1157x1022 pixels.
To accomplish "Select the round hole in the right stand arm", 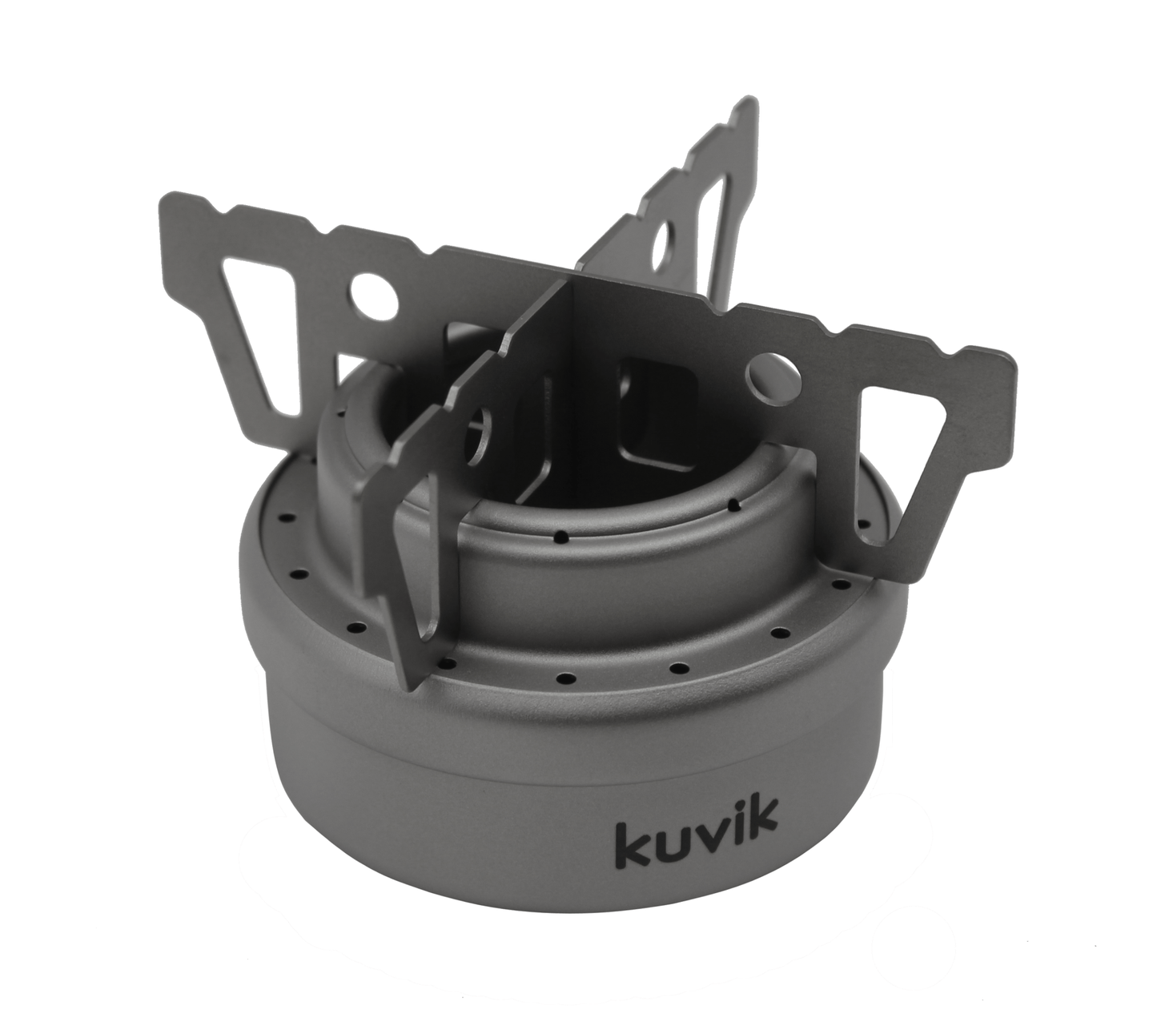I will tap(771, 373).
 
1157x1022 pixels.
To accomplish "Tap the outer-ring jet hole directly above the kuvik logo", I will tap(680, 666).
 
